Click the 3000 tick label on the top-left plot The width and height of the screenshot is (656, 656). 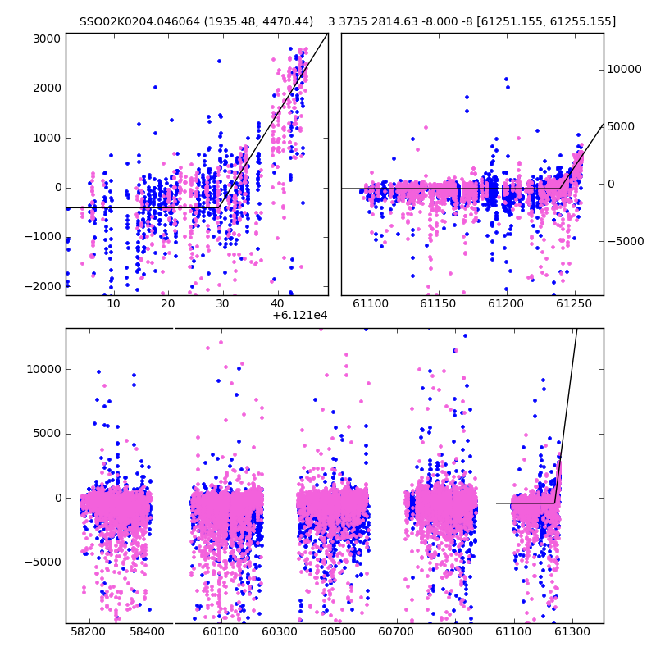pos(47,39)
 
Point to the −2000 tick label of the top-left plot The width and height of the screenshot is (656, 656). pos(43,286)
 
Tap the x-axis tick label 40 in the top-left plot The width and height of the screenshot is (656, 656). pos(277,303)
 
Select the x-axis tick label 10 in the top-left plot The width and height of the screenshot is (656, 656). pos(113,303)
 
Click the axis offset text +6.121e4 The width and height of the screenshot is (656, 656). pos(299,316)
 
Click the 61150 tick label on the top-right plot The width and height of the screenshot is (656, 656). pos(438,303)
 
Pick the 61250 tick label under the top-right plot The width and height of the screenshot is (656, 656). pos(574,303)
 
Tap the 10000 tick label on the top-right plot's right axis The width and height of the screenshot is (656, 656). pos(624,70)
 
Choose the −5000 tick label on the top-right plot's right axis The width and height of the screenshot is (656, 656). pos(626,241)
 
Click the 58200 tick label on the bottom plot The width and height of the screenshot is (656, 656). pos(89,631)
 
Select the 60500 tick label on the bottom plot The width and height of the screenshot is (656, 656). pos(338,631)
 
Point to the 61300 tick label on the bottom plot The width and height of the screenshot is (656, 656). pos(572,631)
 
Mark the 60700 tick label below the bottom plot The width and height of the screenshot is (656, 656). pos(396,631)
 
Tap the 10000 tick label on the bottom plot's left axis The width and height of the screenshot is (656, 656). pos(44,370)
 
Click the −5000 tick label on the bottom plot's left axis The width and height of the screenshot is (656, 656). pos(43,563)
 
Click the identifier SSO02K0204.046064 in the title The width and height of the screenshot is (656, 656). pos(139,21)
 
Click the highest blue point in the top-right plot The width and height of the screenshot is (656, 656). pos(506,79)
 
